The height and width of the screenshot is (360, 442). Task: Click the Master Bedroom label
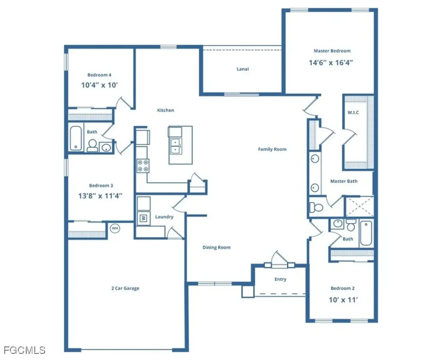(331, 51)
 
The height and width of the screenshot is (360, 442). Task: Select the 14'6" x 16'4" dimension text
(331, 62)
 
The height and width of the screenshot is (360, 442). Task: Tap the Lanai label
(243, 69)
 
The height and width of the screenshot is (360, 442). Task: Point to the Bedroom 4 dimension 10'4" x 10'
(100, 85)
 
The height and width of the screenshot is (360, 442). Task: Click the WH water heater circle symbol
(115, 228)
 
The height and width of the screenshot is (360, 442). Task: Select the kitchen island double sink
(176, 146)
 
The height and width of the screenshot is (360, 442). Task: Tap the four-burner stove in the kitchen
(143, 165)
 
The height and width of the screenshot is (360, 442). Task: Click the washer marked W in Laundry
(144, 218)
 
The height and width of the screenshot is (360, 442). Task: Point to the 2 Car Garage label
(125, 288)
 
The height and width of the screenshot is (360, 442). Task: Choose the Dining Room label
(216, 248)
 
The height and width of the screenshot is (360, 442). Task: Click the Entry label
(280, 279)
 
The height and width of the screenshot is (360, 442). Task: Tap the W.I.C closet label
(353, 113)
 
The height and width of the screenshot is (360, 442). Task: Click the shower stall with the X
(359, 206)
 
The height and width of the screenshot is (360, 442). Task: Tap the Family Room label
(272, 149)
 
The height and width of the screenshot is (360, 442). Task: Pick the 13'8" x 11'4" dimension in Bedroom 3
(100, 196)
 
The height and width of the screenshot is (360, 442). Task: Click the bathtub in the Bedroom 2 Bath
(366, 233)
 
